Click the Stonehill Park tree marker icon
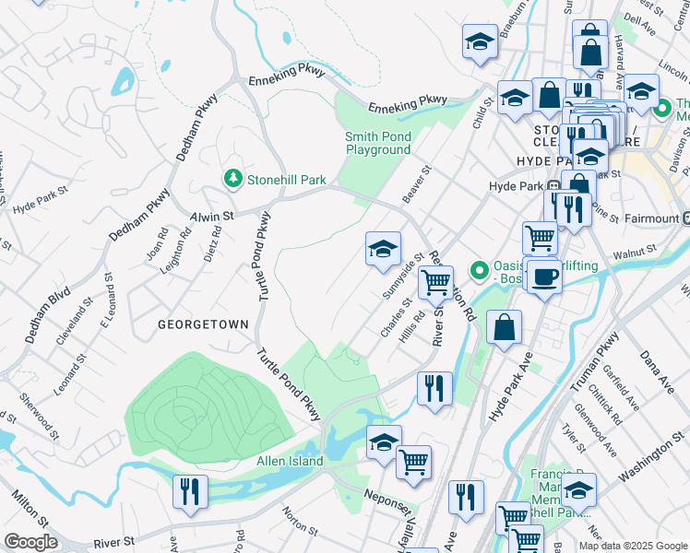(x=234, y=179)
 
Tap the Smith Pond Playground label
(x=378, y=143)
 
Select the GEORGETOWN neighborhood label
(x=203, y=324)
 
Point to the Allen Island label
(x=290, y=461)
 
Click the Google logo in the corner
(x=30, y=542)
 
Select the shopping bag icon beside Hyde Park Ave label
(x=505, y=328)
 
